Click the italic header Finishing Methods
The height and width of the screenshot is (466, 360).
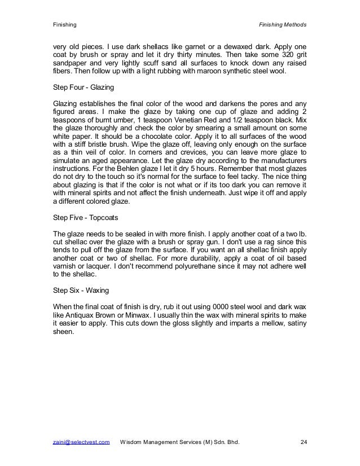click(282, 25)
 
